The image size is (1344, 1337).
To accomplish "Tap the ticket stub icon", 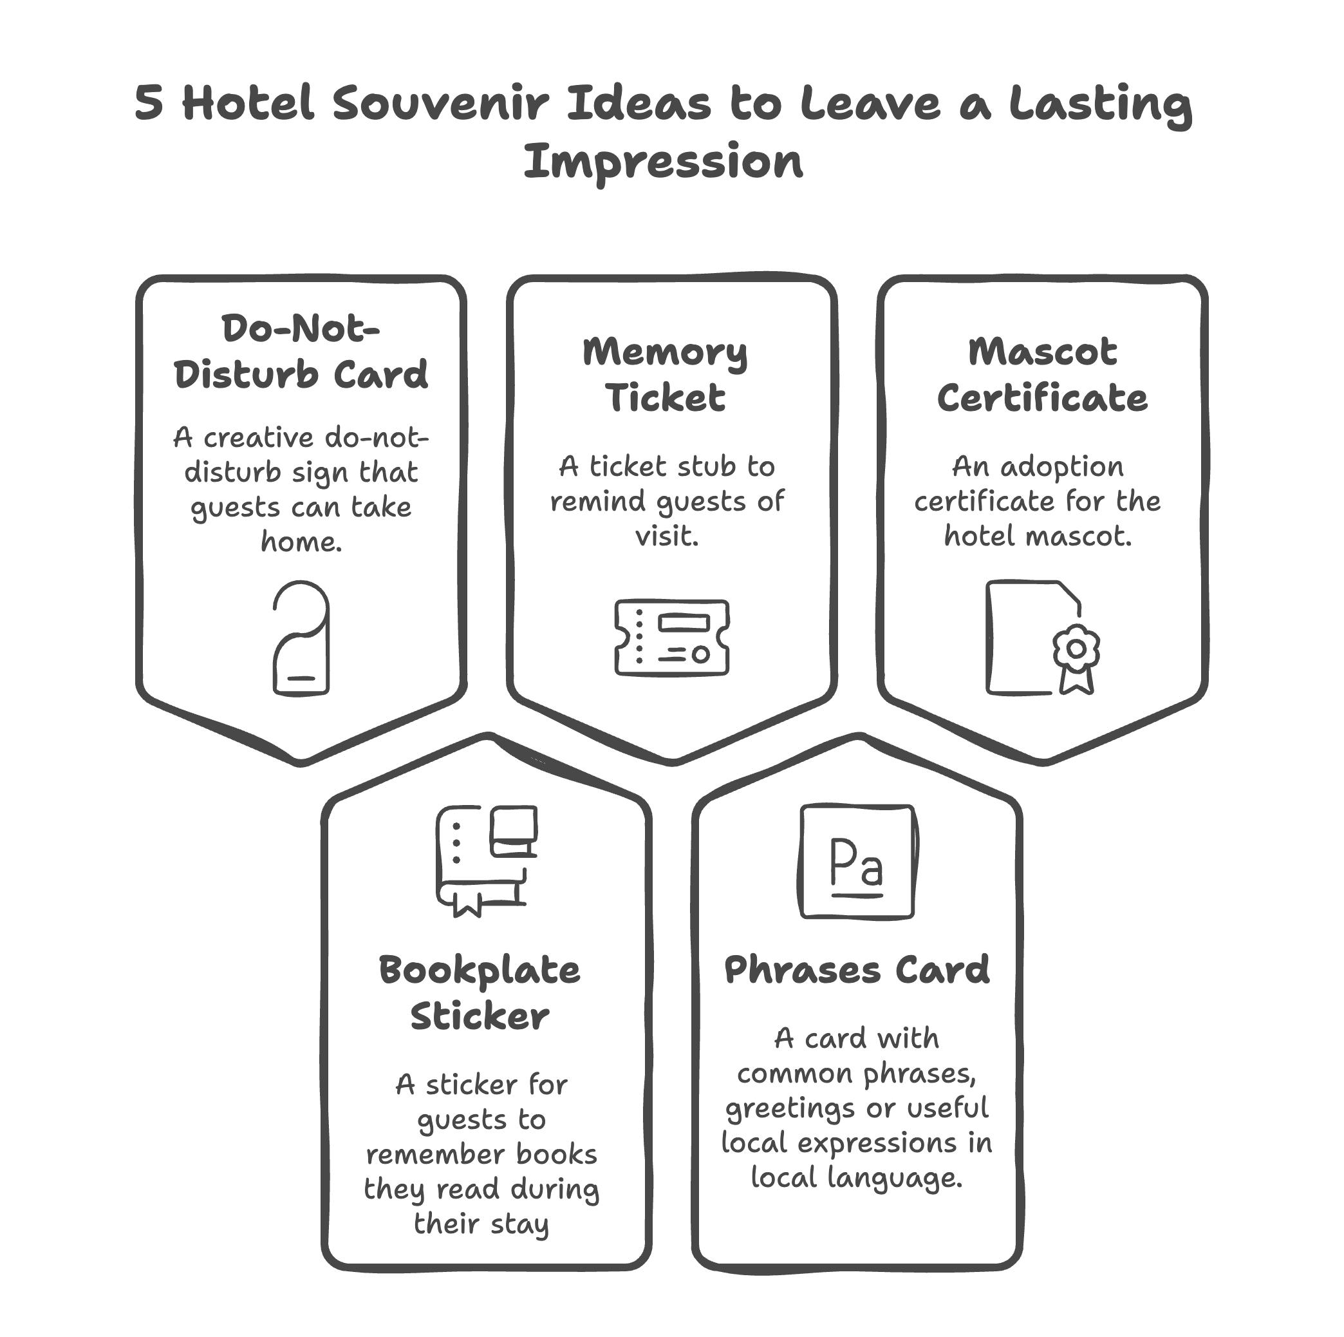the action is coord(672,638).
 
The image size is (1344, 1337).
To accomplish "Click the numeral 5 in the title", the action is coord(149,104).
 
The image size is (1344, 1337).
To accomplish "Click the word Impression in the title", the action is coord(663,162).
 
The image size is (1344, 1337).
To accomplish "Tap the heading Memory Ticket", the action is coord(665,374).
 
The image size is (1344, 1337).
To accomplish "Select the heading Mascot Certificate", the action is coord(1042,374).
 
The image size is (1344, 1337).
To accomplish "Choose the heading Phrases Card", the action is coord(857,969).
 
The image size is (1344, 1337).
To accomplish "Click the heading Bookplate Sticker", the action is coord(480,993).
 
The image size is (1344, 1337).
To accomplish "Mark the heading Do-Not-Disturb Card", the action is coord(301,352).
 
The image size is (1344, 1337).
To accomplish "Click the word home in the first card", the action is coord(301,541).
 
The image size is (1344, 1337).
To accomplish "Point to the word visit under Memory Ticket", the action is coord(666,535).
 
